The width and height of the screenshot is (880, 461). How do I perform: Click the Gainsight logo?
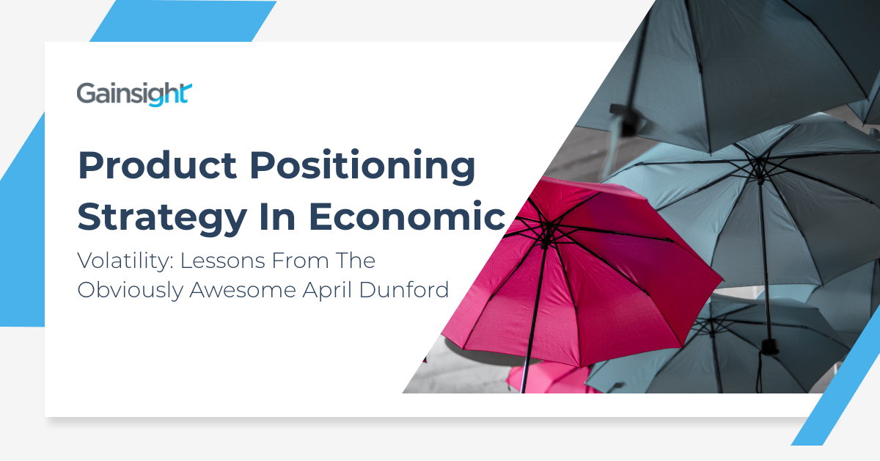coord(134,95)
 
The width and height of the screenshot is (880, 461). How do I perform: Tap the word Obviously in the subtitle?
coord(130,289)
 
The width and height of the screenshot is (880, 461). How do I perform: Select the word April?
coord(331,290)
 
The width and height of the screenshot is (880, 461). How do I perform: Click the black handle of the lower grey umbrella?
coord(768,345)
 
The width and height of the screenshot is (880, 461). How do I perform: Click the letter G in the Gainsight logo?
coord(84,94)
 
